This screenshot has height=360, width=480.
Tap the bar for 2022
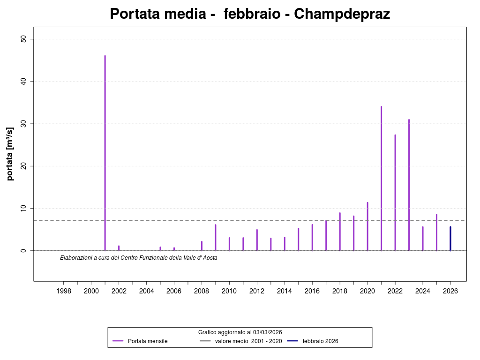pyautogui.click(x=395, y=192)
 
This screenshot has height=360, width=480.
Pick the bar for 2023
pyautogui.click(x=409, y=185)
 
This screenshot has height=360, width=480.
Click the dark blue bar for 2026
pyautogui.click(x=450, y=239)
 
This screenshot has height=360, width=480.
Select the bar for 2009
pyautogui.click(x=216, y=237)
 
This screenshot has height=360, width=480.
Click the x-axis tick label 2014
pyautogui.click(x=285, y=291)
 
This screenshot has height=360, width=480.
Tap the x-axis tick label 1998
pyautogui.click(x=64, y=291)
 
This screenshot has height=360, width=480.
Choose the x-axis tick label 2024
pyautogui.click(x=423, y=291)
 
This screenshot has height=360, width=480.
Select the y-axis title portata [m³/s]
pyautogui.click(x=10, y=153)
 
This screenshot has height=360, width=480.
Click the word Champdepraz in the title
pyautogui.click(x=342, y=14)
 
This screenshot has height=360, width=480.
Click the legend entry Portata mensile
pyautogui.click(x=147, y=341)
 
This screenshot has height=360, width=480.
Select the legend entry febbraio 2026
pyautogui.click(x=320, y=341)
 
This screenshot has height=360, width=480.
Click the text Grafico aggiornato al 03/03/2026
pyautogui.click(x=240, y=332)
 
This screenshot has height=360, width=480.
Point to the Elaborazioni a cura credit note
pyautogui.click(x=139, y=257)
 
